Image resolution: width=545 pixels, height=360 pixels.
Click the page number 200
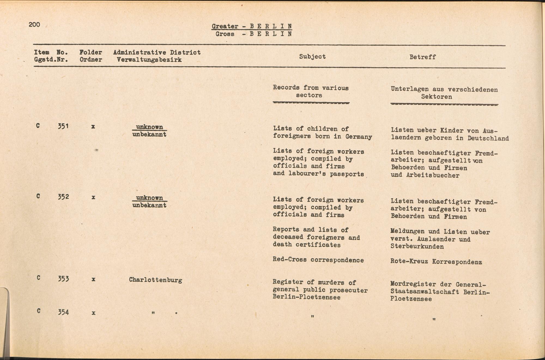tap(34, 25)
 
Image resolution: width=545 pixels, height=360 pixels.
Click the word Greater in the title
tap(225, 26)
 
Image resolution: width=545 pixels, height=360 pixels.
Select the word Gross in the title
tap(225, 34)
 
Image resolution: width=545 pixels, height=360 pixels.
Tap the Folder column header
tap(91, 52)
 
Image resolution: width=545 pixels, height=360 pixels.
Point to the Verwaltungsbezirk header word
tap(149, 60)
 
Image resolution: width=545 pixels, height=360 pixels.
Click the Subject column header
tap(312, 56)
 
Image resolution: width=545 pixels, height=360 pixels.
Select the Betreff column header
tap(423, 57)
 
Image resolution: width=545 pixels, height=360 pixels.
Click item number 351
tap(63, 126)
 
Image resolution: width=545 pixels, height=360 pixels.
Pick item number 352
tap(63, 197)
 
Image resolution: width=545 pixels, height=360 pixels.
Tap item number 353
tap(63, 279)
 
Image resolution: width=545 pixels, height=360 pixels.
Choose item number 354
tap(63, 312)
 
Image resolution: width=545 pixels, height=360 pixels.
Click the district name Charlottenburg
tap(155, 280)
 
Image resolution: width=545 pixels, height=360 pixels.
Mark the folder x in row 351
tap(93, 127)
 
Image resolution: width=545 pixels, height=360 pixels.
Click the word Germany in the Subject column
tap(359, 137)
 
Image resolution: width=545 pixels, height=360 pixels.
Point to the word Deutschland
tap(488, 138)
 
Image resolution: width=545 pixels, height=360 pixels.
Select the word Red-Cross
tap(290, 260)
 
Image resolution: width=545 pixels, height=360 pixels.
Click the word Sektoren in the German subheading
tap(436, 97)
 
